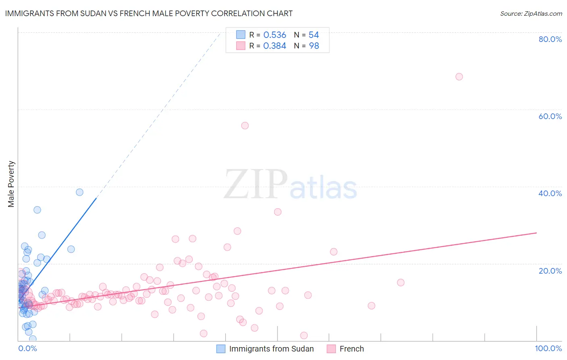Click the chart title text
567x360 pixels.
point(149,13)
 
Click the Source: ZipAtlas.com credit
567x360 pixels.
point(531,14)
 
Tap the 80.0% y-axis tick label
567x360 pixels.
point(550,39)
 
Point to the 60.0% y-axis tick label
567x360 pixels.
point(550,116)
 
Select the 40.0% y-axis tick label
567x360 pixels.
point(550,193)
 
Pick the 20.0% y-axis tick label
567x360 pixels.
point(550,271)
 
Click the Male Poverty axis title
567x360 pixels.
point(11,184)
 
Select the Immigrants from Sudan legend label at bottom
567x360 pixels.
point(271,349)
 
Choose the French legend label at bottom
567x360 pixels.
point(352,349)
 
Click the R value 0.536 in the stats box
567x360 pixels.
point(275,35)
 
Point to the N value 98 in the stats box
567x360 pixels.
point(314,46)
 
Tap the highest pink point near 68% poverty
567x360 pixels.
point(459,77)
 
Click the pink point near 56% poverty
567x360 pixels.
point(245,126)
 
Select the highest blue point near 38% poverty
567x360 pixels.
point(79,192)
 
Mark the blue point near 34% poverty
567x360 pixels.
point(37,210)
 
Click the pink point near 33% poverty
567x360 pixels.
point(277,212)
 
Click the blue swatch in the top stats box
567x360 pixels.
point(241,35)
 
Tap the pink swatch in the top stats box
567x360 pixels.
point(241,46)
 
